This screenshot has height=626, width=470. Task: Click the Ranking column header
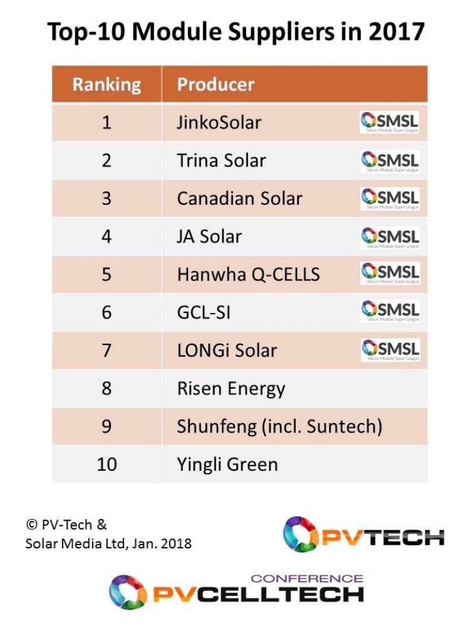point(107,85)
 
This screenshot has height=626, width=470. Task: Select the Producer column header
point(216,85)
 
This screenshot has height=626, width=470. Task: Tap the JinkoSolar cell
point(219,122)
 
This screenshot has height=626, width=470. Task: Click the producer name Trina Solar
point(221,160)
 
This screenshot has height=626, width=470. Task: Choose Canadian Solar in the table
point(239,198)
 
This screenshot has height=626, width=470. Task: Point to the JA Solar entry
point(209,237)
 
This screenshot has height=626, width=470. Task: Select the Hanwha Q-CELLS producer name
point(248,274)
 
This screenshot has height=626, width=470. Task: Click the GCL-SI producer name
point(204,312)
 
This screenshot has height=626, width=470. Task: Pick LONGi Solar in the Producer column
point(227,350)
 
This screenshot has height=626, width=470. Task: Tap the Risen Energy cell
point(231,388)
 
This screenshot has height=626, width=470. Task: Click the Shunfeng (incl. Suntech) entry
point(279,426)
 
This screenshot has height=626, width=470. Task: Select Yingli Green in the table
point(227,464)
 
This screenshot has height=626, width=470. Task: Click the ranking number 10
point(107,464)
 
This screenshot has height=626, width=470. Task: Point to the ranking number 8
point(107,388)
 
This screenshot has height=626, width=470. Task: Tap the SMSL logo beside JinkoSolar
point(389,122)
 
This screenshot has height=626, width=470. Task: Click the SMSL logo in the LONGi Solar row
point(389,350)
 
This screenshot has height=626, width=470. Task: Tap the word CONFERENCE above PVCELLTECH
point(306,578)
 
